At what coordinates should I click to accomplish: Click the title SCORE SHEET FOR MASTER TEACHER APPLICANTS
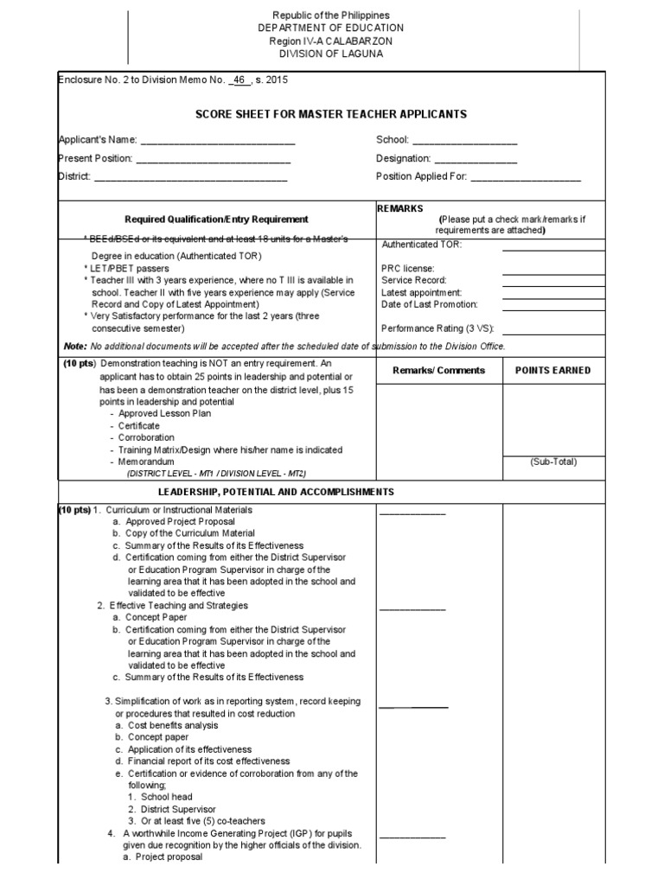[x=331, y=114]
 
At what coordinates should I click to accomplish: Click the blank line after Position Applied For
[x=526, y=179]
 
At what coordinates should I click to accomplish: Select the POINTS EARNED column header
[x=552, y=370]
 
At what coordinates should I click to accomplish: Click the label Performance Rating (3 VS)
[x=440, y=329]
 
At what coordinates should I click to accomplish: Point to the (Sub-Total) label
[x=553, y=462]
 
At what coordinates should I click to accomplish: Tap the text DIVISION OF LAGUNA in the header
[x=331, y=54]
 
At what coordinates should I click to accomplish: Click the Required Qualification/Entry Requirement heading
[x=216, y=220]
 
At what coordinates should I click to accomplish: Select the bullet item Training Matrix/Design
[x=230, y=450]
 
